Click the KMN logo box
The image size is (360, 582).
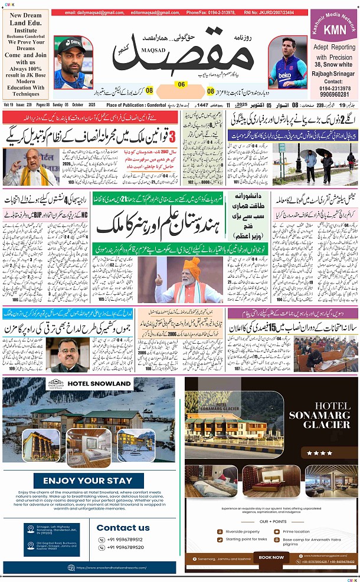coord(334,28)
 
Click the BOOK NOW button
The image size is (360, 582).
coord(271,557)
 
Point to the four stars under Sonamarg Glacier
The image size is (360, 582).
coord(322,453)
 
